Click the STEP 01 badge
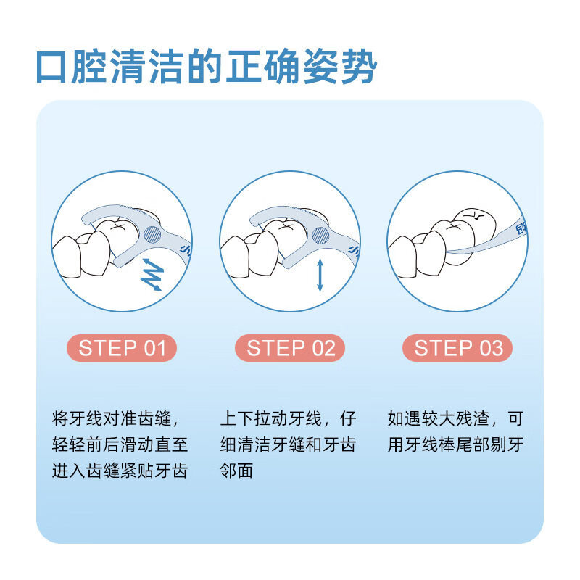123,348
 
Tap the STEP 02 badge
291,348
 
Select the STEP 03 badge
457,348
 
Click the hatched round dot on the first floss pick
153,234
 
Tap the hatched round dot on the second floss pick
321,234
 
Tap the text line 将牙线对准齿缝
115,419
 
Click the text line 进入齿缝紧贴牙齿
120,471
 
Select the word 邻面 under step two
236,471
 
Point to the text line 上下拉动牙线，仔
288,419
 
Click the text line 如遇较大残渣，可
455,419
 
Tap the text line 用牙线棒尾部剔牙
455,444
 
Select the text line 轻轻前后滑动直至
120,444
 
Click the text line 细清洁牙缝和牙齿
288,444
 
